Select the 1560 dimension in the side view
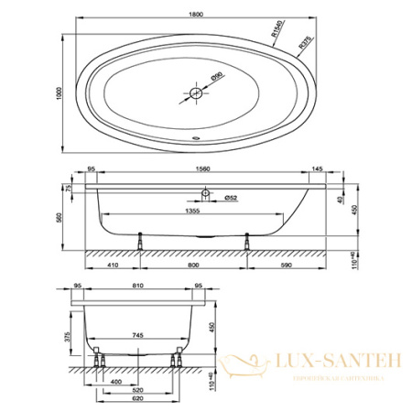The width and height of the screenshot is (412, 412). tap(197, 169)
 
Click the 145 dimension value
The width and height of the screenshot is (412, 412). tap(316, 169)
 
